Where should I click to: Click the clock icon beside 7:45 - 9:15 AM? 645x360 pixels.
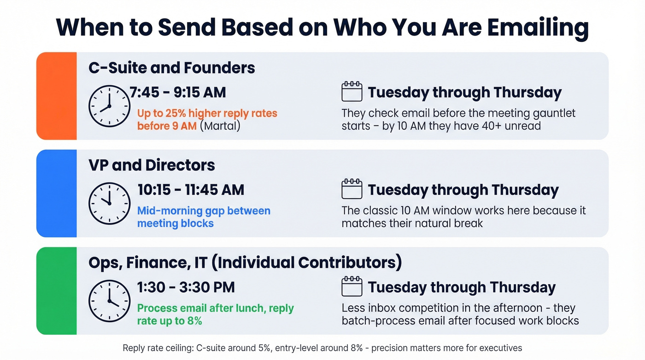click(x=109, y=106)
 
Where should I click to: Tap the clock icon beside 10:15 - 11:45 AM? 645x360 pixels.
click(x=109, y=203)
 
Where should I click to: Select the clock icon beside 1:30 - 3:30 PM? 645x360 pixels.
click(x=109, y=301)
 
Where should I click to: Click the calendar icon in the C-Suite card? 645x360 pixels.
click(x=352, y=92)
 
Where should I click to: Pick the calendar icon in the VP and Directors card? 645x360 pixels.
click(x=352, y=189)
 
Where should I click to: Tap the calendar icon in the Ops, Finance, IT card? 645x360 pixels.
click(x=352, y=287)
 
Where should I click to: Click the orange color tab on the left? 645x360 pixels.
click(x=56, y=96)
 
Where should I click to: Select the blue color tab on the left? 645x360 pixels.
click(x=56, y=193)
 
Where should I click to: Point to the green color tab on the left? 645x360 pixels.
click(x=56, y=290)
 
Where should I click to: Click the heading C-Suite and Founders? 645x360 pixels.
click(x=171, y=68)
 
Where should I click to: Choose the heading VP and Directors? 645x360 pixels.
click(x=152, y=165)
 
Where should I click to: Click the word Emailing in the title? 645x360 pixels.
click(x=538, y=27)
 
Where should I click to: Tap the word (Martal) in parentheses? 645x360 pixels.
click(x=220, y=126)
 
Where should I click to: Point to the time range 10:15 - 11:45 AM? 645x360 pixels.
click(x=191, y=189)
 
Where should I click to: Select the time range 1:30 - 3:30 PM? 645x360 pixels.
click(x=186, y=287)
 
